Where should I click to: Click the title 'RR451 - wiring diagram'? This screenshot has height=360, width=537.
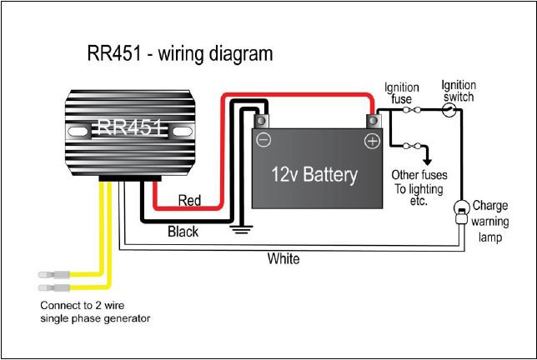click(179, 55)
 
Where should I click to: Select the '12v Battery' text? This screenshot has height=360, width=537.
click(314, 174)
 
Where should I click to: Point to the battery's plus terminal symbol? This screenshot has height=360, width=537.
click(372, 141)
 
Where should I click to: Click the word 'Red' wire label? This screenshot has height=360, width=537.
click(190, 200)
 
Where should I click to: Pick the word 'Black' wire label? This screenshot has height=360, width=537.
click(183, 231)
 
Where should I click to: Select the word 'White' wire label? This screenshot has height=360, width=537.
click(283, 258)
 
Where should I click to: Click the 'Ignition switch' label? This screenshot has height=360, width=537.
click(458, 91)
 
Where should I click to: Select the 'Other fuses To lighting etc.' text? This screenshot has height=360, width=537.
click(419, 188)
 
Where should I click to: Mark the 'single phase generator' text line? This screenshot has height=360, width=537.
click(95, 318)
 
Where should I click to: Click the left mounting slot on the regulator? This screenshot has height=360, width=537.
click(80, 131)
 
